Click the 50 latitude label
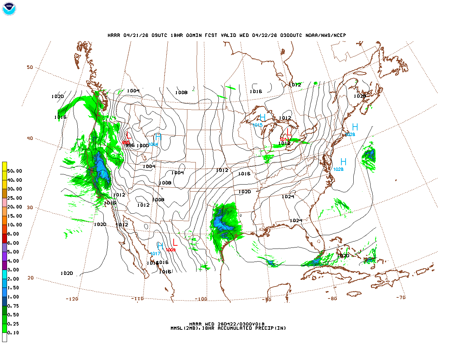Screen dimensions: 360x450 coord(30,67)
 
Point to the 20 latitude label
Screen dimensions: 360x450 coord(31,278)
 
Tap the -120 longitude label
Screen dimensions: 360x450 coord(72,299)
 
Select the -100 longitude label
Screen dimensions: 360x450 coord(201,299)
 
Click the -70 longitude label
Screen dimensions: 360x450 coord(401,297)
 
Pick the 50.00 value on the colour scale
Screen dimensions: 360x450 coord(14,171)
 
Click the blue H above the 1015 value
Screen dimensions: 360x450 coord(263,117)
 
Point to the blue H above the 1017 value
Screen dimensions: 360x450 coord(160,246)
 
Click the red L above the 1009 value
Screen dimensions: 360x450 coord(175,242)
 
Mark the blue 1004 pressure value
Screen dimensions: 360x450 coord(153,144)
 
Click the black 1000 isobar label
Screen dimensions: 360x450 coord(142,146)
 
